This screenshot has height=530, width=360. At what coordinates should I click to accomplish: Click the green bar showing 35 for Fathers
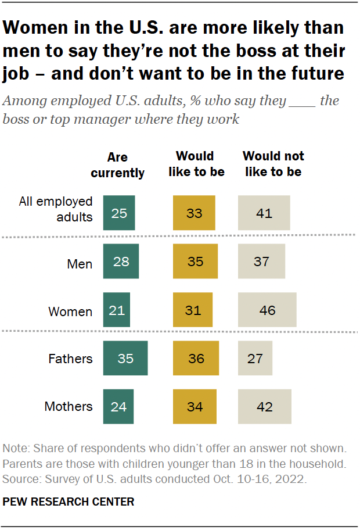pyautogui.click(x=125, y=359)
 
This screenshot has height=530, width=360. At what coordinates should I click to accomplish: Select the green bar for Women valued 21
pyautogui.click(x=117, y=310)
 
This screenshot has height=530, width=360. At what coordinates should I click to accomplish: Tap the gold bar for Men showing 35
pyautogui.click(x=195, y=262)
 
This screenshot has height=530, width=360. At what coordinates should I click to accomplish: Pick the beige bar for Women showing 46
pyautogui.click(x=267, y=310)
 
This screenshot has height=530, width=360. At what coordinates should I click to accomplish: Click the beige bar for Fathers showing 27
pyautogui.click(x=255, y=359)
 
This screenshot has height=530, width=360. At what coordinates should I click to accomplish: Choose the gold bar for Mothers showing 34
pyautogui.click(x=195, y=406)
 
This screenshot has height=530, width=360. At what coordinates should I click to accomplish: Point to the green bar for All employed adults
pyautogui.click(x=119, y=213)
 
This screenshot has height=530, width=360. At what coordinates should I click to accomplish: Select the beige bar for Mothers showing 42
pyautogui.click(x=264, y=406)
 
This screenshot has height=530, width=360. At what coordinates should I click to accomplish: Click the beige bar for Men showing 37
pyautogui.click(x=261, y=262)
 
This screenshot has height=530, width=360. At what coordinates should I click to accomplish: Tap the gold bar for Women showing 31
pyautogui.click(x=193, y=310)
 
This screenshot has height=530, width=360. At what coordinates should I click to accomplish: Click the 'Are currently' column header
pyautogui.click(x=118, y=165)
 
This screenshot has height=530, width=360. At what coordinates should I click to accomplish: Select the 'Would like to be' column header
pyautogui.click(x=195, y=164)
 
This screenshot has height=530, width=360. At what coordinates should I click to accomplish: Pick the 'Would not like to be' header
pyautogui.click(x=273, y=164)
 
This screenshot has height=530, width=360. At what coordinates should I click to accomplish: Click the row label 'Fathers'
pyautogui.click(x=70, y=359)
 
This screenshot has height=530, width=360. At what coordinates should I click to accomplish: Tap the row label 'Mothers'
pyautogui.click(x=69, y=407)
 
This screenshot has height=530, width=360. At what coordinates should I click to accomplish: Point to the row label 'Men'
pyautogui.click(x=80, y=264)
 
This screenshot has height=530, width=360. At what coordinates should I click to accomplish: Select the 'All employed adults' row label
pyautogui.click(x=56, y=209)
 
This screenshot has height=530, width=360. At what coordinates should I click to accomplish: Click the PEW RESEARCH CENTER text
pyautogui.click(x=68, y=502)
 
